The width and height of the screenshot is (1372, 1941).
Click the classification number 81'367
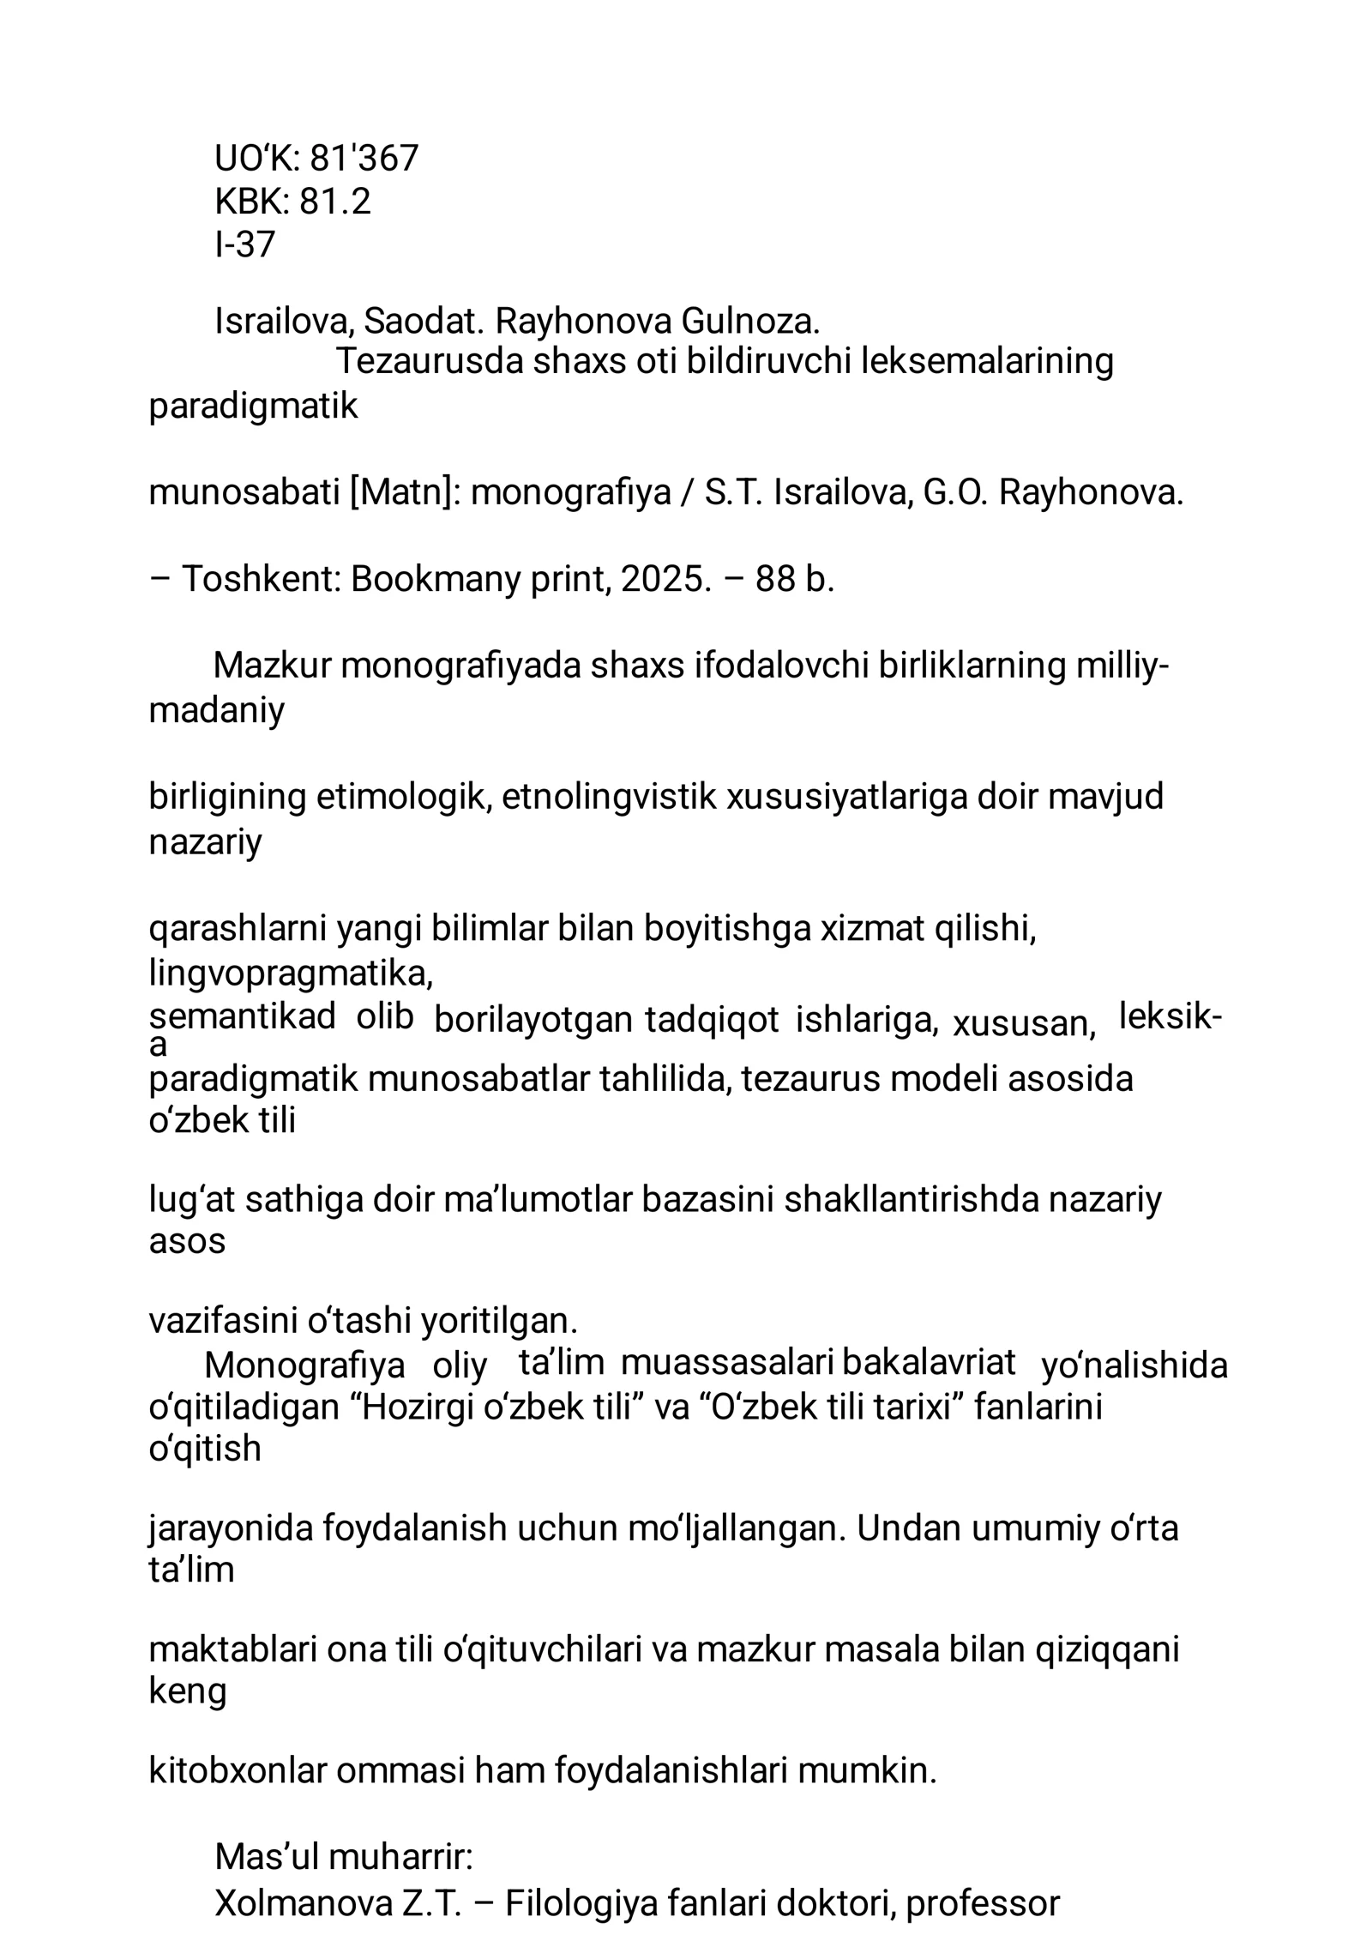364,159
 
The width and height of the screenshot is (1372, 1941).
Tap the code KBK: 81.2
292,202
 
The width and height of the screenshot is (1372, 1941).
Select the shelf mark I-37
244,245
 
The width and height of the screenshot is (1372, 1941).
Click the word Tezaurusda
429,362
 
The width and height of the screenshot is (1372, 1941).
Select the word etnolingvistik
609,797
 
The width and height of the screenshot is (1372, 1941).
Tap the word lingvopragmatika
291,974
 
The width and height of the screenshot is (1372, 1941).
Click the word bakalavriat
929,1363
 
